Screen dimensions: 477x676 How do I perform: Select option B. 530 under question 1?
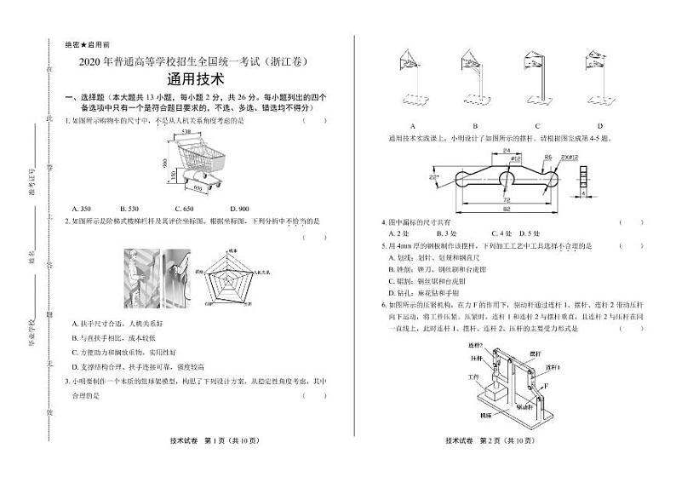pyautogui.click(x=129, y=209)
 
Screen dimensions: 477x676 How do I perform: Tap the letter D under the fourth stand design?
pyautogui.click(x=599, y=126)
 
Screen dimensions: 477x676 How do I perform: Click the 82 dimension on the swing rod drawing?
pyautogui.click(x=506, y=207)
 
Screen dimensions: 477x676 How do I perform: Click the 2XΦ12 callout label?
pyautogui.click(x=568, y=157)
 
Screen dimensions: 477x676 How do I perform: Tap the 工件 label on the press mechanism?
pyautogui.click(x=461, y=375)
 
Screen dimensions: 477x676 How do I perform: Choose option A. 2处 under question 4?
pyautogui.click(x=398, y=233)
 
